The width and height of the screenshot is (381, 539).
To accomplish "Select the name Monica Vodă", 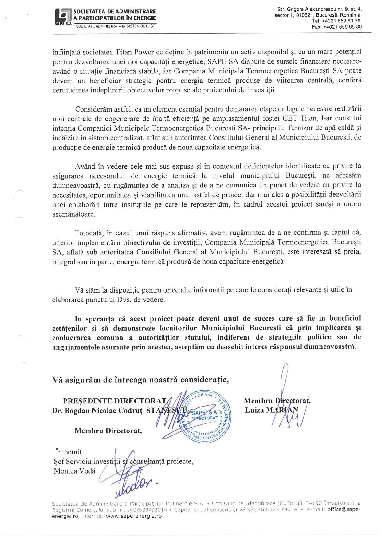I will click(x=75, y=471).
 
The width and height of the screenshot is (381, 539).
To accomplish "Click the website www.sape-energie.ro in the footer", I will click(x=134, y=516).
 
